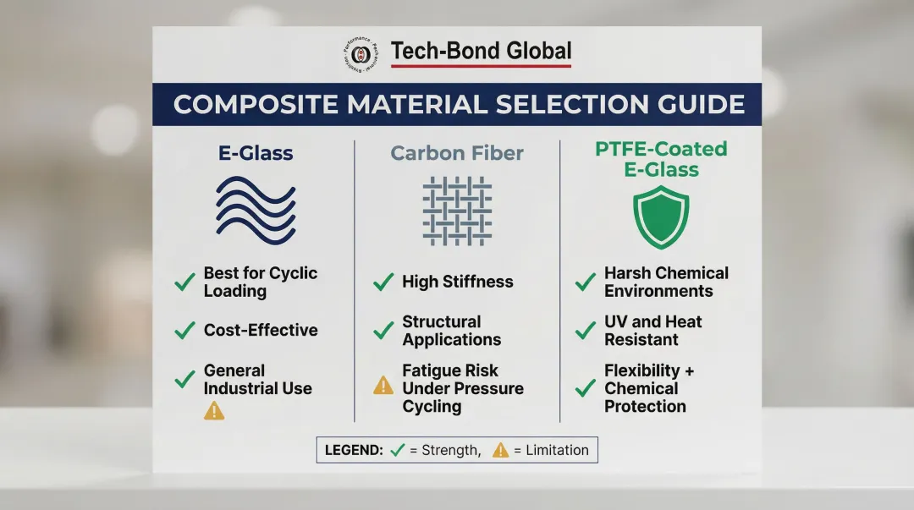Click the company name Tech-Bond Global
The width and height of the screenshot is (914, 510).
481,52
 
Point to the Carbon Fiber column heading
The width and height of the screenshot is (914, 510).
457,153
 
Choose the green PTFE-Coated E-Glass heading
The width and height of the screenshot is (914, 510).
661,159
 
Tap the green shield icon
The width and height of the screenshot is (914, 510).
661,217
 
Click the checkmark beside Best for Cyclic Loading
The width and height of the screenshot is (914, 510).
184,282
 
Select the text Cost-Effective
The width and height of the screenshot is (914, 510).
261,331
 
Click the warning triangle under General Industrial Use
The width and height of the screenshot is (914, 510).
214,411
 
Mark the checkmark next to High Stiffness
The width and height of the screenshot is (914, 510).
383,282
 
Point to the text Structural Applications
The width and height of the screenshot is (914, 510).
451,331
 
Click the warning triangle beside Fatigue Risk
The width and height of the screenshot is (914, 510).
383,386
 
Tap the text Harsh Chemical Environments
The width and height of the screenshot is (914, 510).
666,282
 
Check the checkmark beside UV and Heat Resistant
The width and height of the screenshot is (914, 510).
585,331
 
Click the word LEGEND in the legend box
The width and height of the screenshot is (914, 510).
353,450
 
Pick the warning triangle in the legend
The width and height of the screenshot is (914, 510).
500,450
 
